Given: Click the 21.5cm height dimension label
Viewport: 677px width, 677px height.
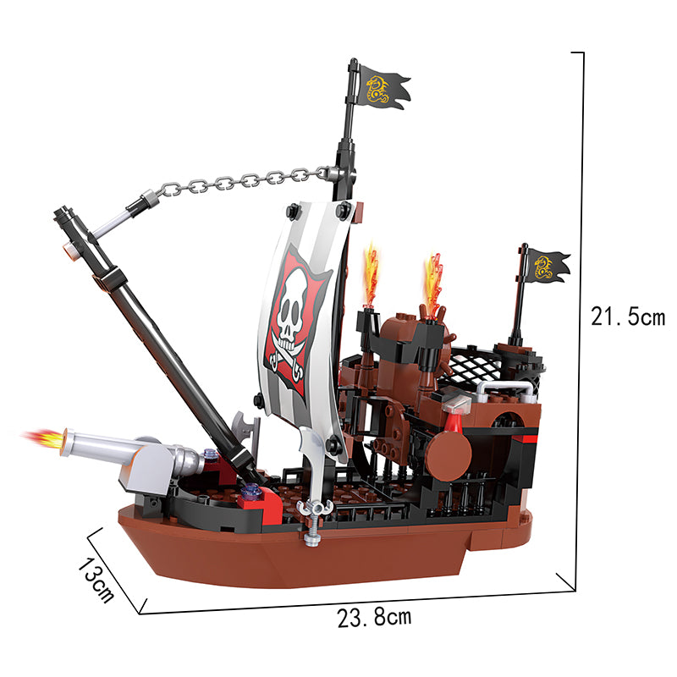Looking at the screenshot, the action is (x=628, y=316).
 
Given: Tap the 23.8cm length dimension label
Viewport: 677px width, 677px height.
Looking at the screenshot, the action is (x=374, y=617).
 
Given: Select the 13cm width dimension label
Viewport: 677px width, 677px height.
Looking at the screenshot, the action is (x=96, y=580).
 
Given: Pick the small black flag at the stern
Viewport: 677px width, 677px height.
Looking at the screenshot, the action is (x=547, y=266).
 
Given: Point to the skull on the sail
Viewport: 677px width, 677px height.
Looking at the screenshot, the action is (x=291, y=305).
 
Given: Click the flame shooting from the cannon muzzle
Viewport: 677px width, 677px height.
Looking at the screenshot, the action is (x=43, y=438).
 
